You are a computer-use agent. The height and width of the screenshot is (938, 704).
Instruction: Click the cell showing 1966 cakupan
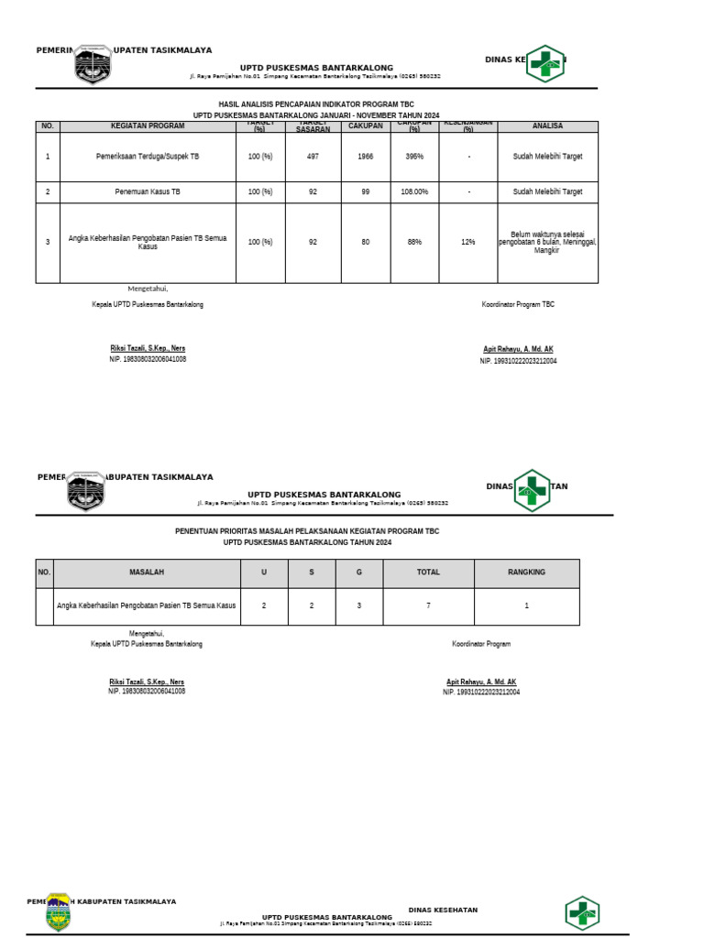point(366,157)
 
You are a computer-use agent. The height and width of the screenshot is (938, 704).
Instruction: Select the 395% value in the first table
point(414,157)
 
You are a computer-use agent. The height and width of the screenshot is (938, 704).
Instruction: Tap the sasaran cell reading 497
point(313,157)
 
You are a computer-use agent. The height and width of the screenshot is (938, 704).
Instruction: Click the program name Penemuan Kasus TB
point(148,192)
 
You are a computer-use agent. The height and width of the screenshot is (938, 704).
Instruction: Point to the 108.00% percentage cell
point(414,192)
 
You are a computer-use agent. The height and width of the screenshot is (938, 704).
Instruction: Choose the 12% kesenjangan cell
point(468,242)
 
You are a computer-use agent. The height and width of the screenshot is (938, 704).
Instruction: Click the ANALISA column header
point(547,126)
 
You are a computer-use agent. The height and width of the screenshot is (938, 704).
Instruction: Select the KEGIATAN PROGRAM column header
point(148,126)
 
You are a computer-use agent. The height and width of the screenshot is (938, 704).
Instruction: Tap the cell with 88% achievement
point(414,242)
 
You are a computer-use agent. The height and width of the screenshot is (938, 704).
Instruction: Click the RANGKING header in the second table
point(526,573)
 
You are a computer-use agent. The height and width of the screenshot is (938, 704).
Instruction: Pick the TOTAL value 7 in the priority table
point(428,605)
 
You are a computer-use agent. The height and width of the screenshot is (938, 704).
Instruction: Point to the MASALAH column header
point(147,573)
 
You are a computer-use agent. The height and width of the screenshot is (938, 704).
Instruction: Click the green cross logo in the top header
point(545,62)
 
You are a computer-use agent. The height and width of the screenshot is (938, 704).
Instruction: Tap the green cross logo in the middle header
point(531,489)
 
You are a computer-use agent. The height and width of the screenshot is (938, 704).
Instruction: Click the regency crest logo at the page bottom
point(58,912)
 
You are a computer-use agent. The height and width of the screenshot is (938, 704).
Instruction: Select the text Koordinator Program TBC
point(518,304)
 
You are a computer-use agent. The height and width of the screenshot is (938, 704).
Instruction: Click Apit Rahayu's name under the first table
point(518,350)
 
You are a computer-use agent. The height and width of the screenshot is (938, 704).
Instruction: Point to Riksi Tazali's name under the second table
point(147,682)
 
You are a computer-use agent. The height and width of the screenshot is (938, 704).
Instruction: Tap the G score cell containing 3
point(358,605)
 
